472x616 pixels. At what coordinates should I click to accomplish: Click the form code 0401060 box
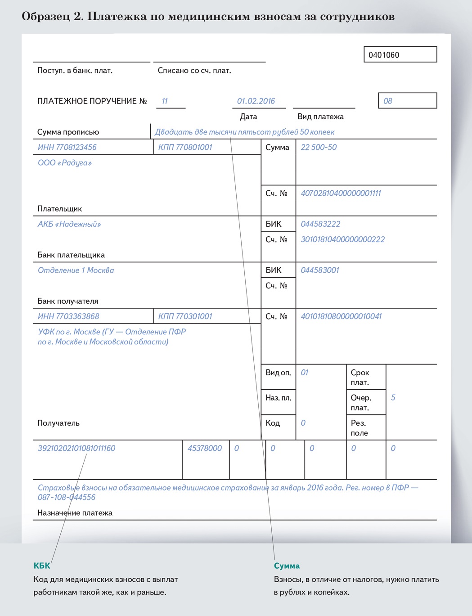[x=400, y=55]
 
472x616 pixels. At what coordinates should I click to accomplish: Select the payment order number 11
[x=165, y=101]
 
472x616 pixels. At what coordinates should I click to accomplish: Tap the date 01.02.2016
[x=256, y=101]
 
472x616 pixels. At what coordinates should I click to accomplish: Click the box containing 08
[x=407, y=101]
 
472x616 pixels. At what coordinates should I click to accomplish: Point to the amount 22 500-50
[x=319, y=147]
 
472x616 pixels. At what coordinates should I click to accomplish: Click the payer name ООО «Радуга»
[x=65, y=163]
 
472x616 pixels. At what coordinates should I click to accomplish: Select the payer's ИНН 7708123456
[x=67, y=147]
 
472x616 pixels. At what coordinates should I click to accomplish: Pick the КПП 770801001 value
[x=185, y=147]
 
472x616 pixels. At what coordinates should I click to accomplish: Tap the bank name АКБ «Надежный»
[x=69, y=224]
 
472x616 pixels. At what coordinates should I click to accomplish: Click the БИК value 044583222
[x=320, y=224]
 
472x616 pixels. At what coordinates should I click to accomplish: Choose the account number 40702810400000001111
[x=341, y=193]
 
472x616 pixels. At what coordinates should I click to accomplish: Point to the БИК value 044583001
[x=320, y=270]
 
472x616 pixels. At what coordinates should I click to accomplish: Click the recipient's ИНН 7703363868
[x=68, y=316]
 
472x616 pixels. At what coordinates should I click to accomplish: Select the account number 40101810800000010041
[x=341, y=316]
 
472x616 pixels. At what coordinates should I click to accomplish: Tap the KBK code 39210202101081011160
[x=76, y=448]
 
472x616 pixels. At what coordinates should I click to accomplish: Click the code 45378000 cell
[x=205, y=448]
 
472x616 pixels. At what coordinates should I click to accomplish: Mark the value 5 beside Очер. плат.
[x=393, y=398]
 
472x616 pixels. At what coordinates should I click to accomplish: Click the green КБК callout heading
[x=42, y=566]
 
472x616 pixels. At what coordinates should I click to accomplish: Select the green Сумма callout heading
[x=287, y=566]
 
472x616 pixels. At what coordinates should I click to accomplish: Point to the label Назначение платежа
[x=75, y=513]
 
